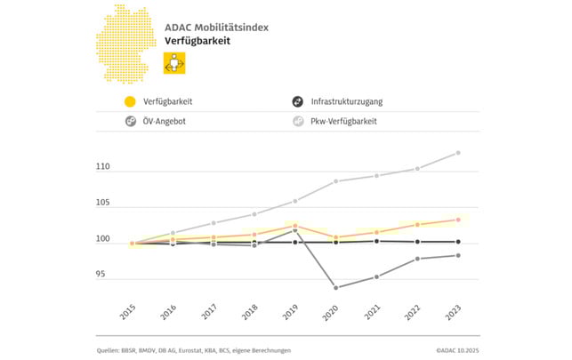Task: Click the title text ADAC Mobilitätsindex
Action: tap(216, 28)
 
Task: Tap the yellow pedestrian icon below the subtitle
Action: tap(174, 64)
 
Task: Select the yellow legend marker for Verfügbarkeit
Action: tap(131, 102)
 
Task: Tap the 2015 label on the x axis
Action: tap(127, 311)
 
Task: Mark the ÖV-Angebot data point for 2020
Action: tap(335, 287)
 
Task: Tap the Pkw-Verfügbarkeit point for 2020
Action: tap(335, 181)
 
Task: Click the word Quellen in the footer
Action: tap(110, 350)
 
